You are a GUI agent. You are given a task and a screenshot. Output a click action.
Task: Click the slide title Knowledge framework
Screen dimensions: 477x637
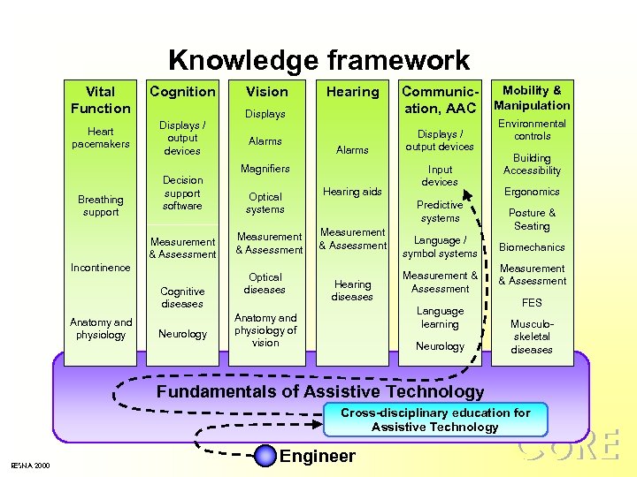318,60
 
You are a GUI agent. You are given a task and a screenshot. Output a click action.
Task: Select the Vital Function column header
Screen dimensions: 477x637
100,100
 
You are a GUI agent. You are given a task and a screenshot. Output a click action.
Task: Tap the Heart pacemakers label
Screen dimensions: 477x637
101,138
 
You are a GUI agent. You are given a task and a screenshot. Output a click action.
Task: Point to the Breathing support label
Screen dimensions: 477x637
100,206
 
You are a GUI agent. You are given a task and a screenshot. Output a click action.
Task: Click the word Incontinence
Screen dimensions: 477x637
101,268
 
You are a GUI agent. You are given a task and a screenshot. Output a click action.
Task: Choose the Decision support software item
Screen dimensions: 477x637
182,193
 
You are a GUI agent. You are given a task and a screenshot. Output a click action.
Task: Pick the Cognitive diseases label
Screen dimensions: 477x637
182,298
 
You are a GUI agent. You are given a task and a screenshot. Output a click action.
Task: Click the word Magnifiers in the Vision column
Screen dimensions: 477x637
265,169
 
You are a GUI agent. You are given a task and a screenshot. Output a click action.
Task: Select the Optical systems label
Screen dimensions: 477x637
265,203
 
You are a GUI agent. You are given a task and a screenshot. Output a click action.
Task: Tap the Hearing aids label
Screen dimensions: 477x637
352,192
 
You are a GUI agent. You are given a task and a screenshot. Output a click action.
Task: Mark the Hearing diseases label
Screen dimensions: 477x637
352,291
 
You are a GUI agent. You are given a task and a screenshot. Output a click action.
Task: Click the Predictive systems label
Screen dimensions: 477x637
441,211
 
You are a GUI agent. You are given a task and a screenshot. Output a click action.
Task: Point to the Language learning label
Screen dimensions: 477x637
440,317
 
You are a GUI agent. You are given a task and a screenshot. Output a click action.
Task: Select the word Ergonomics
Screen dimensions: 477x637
532,192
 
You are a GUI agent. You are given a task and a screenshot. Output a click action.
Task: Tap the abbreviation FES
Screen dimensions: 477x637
532,302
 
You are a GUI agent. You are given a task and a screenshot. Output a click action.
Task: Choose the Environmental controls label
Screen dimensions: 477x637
532,130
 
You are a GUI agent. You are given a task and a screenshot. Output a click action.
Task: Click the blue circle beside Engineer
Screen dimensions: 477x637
265,456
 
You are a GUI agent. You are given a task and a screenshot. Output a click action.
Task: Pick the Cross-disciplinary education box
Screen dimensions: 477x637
435,420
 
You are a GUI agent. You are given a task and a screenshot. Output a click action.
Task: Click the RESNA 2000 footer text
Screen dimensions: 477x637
30,466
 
